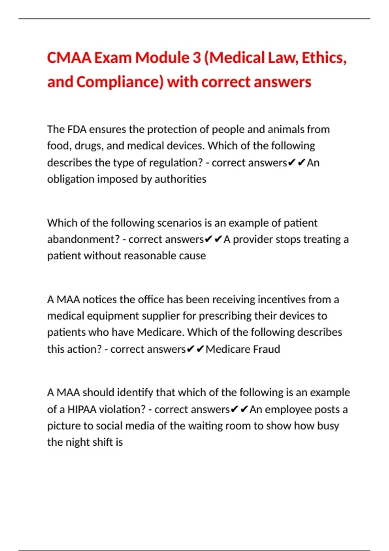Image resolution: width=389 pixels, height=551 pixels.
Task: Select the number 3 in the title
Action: click(x=196, y=58)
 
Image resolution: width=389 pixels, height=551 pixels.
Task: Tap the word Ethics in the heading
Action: click(x=324, y=58)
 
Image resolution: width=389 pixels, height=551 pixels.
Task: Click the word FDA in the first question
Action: click(x=77, y=129)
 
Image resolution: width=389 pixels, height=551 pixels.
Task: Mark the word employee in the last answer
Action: click(x=288, y=409)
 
